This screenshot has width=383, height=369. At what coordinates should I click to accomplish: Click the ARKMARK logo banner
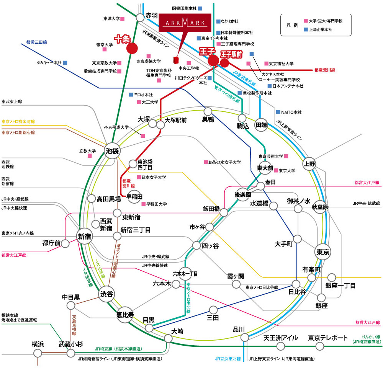tap(185, 24)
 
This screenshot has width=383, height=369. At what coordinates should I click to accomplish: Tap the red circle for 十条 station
tap(132, 48)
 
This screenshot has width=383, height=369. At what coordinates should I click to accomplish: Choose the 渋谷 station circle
tap(107, 294)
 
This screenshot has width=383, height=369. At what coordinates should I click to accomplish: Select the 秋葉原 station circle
tap(321, 206)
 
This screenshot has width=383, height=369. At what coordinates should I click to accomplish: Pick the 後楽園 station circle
tap(242, 194)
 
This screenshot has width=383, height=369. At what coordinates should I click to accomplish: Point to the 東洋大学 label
tap(111, 18)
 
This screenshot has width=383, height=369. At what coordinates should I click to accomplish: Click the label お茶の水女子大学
tap(224, 162)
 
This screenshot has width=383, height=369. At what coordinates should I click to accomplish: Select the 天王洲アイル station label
tap(281, 338)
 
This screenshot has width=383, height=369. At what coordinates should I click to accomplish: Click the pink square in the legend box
tap(306, 21)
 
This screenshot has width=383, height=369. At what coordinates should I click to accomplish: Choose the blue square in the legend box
tap(306, 29)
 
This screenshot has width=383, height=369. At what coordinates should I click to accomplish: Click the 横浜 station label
tap(38, 344)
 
